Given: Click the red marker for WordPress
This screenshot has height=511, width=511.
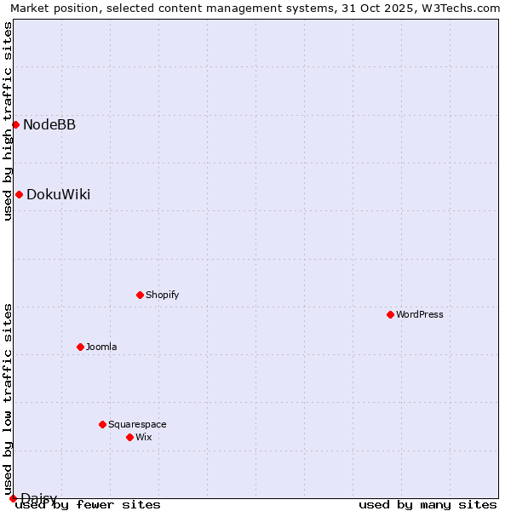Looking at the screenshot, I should click(x=391, y=314).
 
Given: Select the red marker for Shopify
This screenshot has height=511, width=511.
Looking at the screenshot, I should click(x=141, y=295).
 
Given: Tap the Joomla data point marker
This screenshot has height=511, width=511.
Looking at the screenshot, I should click(x=81, y=347).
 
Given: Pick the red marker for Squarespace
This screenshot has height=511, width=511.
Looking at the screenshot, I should click(x=103, y=424).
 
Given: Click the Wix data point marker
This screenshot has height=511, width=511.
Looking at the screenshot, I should click(x=130, y=437).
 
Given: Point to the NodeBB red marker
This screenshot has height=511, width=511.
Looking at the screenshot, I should click(x=15, y=124).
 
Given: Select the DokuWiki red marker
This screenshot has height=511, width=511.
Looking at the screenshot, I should click(x=19, y=194).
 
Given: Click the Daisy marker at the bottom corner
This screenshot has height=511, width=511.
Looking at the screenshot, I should click(x=13, y=497).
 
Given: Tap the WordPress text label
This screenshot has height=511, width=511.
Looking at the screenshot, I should click(x=420, y=314).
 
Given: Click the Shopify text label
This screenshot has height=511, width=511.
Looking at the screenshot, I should click(x=163, y=295).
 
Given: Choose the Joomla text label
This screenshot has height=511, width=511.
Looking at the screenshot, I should click(x=101, y=347).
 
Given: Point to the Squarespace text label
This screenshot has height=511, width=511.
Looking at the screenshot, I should click(x=137, y=424).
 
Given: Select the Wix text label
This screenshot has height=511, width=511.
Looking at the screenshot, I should click(x=144, y=437).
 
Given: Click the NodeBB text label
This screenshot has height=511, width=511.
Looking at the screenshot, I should click(x=49, y=125).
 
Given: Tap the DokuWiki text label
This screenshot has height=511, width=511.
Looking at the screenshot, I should click(x=58, y=195).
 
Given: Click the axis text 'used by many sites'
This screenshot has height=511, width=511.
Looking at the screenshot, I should click(x=428, y=505).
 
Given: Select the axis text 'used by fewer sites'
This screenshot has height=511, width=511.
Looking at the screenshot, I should click(x=89, y=505).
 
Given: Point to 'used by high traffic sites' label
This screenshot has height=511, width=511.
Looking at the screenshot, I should click(x=8, y=121).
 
